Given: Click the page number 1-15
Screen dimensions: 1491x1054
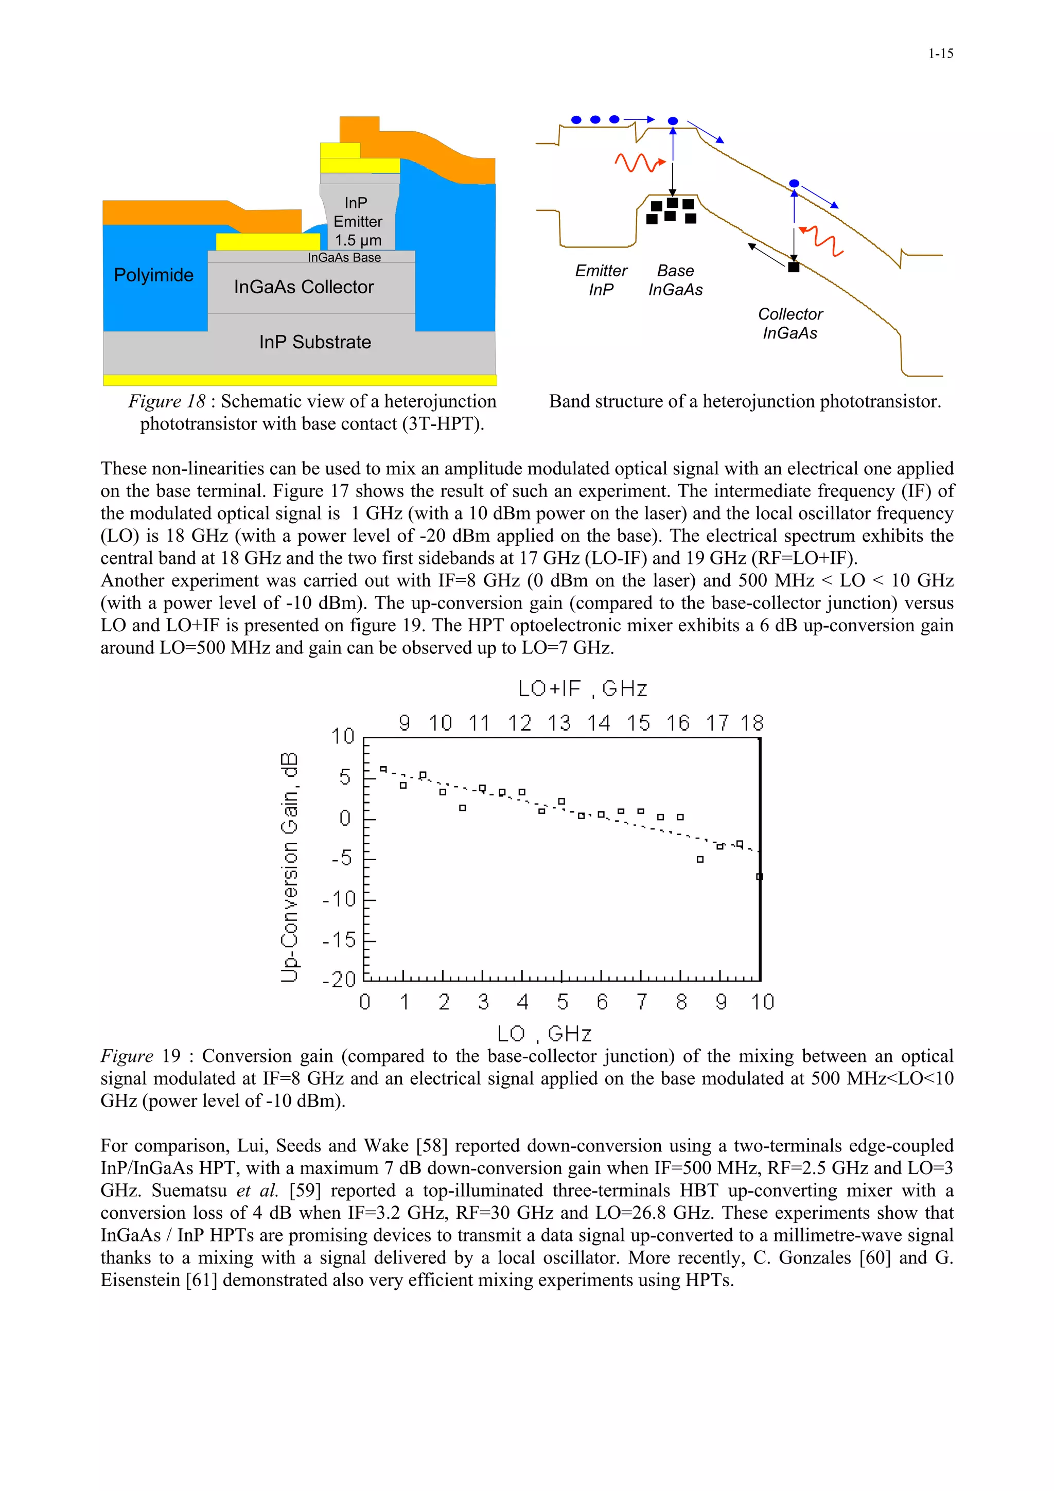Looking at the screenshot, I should (940, 54).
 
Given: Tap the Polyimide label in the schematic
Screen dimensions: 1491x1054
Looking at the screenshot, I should (153, 275).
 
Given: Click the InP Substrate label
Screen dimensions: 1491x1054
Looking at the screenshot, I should (315, 342).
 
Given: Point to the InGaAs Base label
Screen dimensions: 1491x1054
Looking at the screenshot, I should (344, 258).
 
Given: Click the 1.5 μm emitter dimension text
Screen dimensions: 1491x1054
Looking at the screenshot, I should (358, 240).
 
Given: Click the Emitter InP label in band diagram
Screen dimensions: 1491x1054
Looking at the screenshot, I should (601, 280).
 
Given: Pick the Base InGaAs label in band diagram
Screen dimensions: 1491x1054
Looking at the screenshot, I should (675, 280).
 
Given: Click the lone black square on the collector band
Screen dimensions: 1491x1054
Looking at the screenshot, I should (793, 267).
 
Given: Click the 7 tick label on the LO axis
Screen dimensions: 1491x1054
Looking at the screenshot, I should (642, 1002).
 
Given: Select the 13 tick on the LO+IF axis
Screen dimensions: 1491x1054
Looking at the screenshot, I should (558, 723).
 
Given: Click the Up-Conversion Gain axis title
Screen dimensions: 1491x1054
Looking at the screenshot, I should (290, 867).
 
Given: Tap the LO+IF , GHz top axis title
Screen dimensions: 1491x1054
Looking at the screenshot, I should (582, 689).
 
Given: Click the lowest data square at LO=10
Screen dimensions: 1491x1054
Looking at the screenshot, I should (759, 877).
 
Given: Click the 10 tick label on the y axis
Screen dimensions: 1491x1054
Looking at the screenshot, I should (342, 736).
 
